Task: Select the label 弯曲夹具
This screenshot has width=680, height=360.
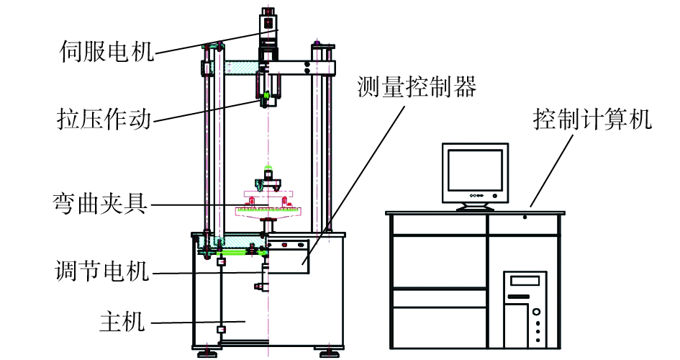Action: point(100,204)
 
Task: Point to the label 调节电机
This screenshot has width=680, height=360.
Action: point(101,272)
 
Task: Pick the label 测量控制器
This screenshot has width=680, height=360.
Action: point(417,87)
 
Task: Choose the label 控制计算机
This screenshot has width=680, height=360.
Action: point(592,119)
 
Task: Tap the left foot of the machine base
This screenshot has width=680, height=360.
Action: point(208,352)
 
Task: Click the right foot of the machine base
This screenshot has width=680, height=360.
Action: point(328,352)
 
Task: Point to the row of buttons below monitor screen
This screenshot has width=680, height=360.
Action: point(475,195)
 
